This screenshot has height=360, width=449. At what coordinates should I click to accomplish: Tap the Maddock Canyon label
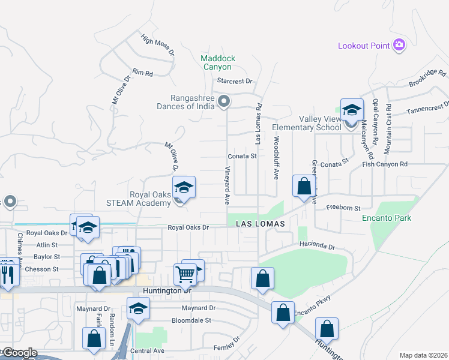coord(218,62)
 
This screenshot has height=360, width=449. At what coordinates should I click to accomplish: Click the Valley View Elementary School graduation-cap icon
coord(352,110)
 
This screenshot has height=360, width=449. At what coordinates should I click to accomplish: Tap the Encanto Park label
coord(387,218)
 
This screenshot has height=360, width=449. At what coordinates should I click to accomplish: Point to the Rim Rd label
coord(143,72)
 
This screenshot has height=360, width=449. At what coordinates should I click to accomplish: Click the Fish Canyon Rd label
coord(385,164)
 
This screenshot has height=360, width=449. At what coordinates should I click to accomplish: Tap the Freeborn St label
coord(343,208)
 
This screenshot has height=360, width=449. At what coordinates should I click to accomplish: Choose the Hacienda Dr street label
coord(316,247)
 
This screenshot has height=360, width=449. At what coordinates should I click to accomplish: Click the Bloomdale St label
coord(191,320)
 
